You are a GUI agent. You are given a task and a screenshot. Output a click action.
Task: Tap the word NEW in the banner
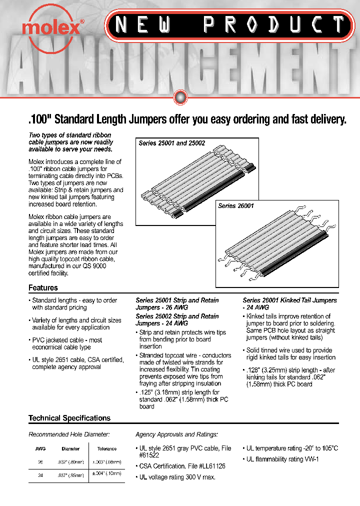click(142, 24)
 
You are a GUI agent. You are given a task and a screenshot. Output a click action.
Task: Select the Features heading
click(43, 287)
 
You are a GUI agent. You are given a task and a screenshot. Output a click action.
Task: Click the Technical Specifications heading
click(69, 418)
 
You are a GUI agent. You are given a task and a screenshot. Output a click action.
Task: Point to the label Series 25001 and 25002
click(172, 143)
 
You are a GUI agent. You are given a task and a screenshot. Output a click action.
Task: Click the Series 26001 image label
click(236, 206)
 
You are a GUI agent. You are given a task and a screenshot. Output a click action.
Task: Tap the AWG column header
click(40, 449)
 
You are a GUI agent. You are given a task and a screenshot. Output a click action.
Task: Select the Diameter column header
click(70, 449)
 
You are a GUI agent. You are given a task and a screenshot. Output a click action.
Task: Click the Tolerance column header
click(106, 449)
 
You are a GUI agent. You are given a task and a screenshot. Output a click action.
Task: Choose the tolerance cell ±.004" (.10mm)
click(106, 473)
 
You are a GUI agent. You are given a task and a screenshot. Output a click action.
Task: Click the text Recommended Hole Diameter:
click(69, 435)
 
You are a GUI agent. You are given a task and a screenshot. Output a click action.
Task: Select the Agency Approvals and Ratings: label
click(176, 435)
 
